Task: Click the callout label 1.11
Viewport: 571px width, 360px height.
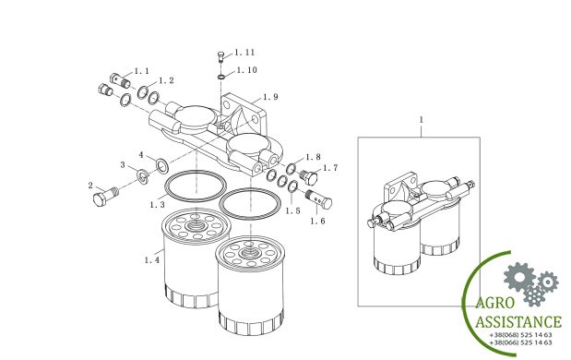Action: tap(244, 53)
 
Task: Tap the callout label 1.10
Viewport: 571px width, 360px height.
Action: tap(247, 70)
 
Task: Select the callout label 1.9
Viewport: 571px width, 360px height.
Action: tap(270, 97)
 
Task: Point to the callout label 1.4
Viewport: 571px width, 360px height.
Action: tap(152, 260)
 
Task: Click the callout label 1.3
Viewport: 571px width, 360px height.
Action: tap(158, 205)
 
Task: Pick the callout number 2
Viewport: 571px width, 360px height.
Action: tap(90, 186)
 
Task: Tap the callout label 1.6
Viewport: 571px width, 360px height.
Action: tap(317, 221)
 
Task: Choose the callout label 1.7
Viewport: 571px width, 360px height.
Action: tap(330, 168)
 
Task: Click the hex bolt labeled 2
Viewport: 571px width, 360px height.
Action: tap(105, 196)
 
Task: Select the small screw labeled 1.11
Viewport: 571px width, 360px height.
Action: tap(220, 56)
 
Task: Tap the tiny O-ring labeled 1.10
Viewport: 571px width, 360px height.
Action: tap(221, 77)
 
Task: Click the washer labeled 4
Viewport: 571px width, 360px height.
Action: tap(162, 165)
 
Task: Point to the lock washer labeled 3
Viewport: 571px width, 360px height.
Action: tap(143, 175)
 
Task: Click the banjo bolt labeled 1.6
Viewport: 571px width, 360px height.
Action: tap(318, 198)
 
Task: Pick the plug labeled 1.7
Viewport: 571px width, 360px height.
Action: tap(309, 177)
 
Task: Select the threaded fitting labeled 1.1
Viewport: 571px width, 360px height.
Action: tap(120, 80)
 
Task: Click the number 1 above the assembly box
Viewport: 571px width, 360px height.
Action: tap(422, 120)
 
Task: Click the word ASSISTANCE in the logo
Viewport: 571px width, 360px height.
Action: tap(518, 322)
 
